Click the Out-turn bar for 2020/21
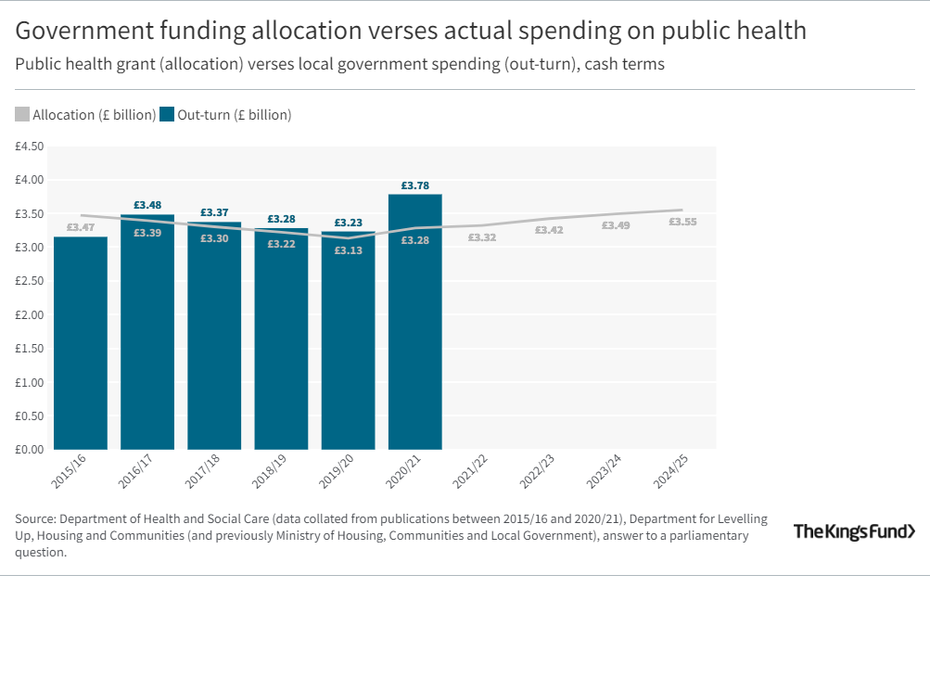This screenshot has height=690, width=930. click(414, 325)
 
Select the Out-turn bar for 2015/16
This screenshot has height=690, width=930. click(81, 343)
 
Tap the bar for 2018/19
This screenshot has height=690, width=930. click(281, 343)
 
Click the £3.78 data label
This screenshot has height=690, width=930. click(414, 185)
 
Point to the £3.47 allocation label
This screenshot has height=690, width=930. click(81, 226)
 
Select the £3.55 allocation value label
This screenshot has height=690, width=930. click(682, 222)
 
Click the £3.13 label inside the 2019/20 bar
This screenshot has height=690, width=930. click(348, 249)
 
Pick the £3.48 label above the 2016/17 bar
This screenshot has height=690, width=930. click(147, 205)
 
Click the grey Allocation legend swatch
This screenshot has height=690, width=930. click(22, 115)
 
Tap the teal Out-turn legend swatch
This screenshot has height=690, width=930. click(167, 115)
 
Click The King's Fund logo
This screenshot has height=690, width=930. click(854, 531)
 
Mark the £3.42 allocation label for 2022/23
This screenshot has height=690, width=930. click(549, 230)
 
